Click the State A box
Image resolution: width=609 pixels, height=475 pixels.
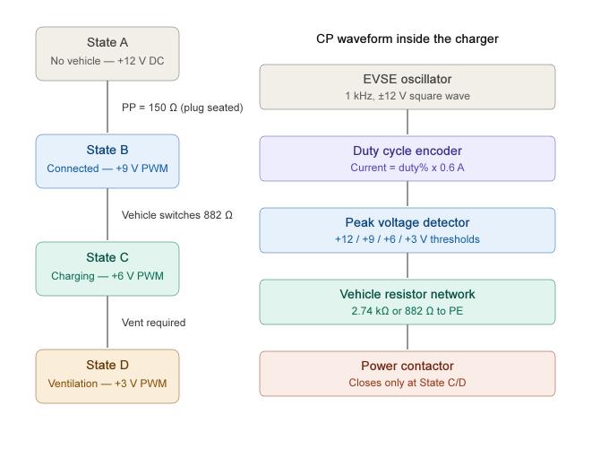(107, 54)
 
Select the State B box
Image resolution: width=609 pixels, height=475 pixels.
(107, 161)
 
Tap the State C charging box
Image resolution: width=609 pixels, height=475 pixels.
(107, 269)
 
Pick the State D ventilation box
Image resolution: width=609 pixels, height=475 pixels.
(107, 376)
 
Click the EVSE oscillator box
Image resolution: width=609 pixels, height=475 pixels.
(407, 87)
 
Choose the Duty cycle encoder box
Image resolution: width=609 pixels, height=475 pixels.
(407, 159)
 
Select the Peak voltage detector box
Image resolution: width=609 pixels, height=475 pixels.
(407, 230)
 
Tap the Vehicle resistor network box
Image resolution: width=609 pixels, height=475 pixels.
(407, 302)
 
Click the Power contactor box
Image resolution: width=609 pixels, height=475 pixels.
(407, 374)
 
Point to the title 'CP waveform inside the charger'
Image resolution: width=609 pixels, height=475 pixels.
(407, 39)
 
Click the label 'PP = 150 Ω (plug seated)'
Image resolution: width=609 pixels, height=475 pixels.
(182, 108)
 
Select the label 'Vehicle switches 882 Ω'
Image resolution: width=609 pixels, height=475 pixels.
(177, 215)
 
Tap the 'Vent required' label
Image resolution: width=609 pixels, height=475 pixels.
(153, 323)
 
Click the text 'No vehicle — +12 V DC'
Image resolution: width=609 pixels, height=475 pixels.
(107, 62)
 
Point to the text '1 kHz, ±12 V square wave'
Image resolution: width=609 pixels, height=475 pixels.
(407, 96)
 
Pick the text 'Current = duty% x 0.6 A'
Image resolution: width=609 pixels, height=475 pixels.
(407, 168)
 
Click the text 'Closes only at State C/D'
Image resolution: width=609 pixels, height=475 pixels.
(407, 383)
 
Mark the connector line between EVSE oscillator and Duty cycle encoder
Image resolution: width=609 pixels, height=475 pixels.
(407, 123)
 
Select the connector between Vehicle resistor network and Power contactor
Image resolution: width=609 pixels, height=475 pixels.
(407, 338)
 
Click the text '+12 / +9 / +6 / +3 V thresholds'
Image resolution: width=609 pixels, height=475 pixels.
(407, 239)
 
